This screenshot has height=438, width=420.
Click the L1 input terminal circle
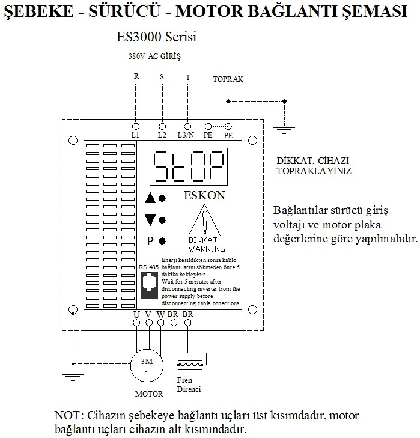tap(136, 126)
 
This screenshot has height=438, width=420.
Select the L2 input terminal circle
tap(162, 126)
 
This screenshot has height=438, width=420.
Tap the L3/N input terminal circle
tap(188, 126)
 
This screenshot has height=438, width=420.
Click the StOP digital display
tap(188, 168)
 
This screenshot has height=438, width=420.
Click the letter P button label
tap(150, 242)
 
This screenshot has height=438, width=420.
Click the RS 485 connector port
tap(147, 284)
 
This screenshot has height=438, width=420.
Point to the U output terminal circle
tap(136, 323)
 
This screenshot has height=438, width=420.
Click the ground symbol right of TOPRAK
tap(282, 126)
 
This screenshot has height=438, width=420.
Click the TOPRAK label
tap(227, 79)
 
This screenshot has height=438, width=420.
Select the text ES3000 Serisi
tap(157, 37)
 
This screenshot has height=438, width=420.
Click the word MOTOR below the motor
tap(148, 394)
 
